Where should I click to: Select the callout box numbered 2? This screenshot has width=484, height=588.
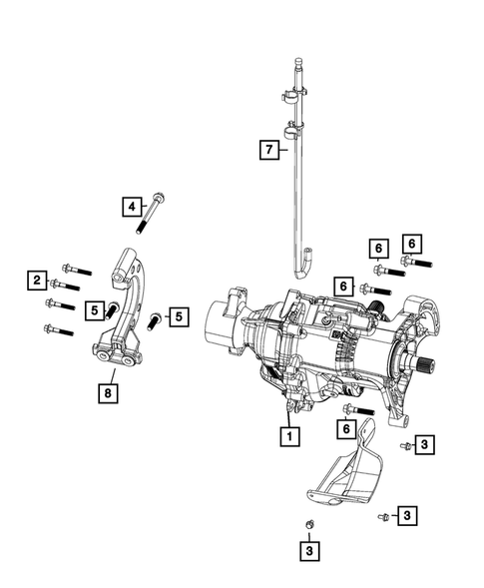(x=36, y=281)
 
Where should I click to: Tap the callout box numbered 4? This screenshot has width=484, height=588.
(x=131, y=207)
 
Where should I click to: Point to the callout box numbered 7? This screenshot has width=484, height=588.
(x=266, y=150)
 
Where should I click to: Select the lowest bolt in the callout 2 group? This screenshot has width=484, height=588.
(x=59, y=329)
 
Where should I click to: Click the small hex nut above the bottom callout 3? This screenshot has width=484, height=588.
(x=310, y=525)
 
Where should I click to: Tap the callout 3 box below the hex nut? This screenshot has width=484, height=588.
(x=310, y=549)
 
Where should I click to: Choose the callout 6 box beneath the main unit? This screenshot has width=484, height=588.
(x=345, y=428)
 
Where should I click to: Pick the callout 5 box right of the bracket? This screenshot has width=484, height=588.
(x=178, y=317)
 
